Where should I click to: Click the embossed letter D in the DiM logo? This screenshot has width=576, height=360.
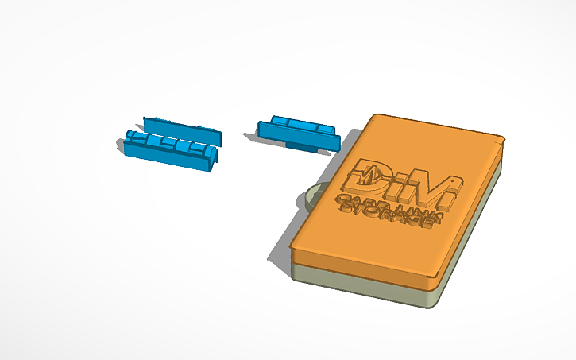coord(368,176)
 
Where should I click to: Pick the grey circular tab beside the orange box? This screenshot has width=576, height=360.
coord(311,195)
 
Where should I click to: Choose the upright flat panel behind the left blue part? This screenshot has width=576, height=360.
coord(183,130)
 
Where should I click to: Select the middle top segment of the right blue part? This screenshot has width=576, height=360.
coord(300,125)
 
